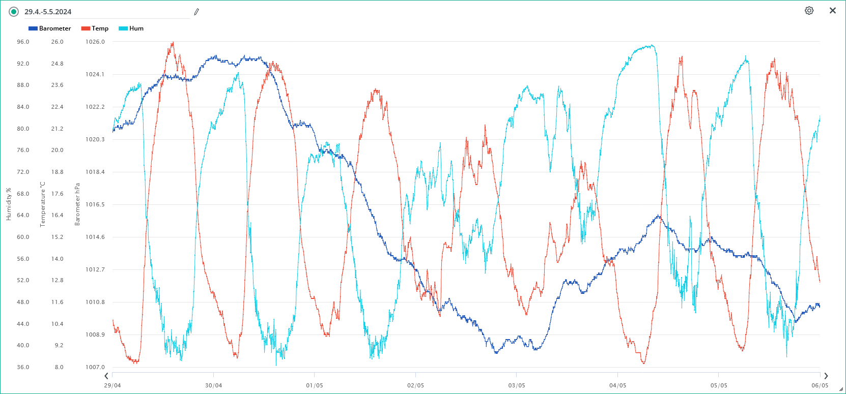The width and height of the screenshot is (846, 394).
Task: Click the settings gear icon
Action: tap(809, 11)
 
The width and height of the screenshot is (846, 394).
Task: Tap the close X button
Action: tap(833, 11)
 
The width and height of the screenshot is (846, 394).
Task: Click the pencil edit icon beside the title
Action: tap(196, 12)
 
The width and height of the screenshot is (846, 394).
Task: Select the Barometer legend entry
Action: tap(50, 28)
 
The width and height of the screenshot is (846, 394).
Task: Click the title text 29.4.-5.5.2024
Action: tap(48, 12)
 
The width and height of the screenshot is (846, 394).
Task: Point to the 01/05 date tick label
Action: tap(315, 385)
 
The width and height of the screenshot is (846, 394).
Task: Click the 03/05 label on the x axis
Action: tap(517, 385)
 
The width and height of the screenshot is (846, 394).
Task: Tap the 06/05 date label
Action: tap(820, 385)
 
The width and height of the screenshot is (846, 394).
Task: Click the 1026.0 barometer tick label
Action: tap(95, 42)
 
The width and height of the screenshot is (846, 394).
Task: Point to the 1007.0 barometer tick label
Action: tap(95, 367)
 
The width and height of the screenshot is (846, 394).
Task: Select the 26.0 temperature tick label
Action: tap(57, 42)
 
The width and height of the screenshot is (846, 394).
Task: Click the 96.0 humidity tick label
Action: tap(23, 42)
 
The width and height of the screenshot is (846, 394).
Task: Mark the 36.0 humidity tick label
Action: tap(23, 367)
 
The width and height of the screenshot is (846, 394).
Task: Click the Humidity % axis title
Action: tap(9, 204)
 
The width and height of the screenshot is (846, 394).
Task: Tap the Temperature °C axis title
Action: tap(43, 204)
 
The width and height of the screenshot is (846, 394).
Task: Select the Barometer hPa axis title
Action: tap(77, 204)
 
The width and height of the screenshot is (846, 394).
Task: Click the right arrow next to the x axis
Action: tap(826, 376)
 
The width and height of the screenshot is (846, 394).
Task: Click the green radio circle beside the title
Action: tap(14, 12)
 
